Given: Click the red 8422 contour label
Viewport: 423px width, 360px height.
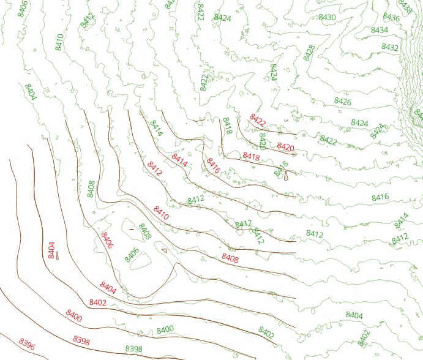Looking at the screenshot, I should (258, 119).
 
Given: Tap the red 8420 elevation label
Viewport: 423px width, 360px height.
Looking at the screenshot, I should (286, 147).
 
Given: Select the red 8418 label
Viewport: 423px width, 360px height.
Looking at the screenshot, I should (252, 157).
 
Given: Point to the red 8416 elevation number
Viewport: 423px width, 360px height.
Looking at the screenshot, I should (213, 166).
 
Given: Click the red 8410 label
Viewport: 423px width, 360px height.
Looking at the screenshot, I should (161, 213).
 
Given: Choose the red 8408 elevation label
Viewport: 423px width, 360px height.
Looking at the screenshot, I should (230, 258).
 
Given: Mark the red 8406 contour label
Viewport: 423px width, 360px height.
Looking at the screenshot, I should (107, 241).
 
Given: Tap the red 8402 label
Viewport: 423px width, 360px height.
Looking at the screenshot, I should (98, 302).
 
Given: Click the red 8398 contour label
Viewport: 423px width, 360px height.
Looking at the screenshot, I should (81, 340).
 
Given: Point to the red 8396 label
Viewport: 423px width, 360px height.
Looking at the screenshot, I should (27, 344).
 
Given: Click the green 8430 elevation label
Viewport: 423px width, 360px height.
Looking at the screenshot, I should (328, 17).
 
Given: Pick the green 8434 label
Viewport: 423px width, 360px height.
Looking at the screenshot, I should (380, 30).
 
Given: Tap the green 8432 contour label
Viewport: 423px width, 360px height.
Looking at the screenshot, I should (390, 47).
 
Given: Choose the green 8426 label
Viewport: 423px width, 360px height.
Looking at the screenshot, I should (343, 101).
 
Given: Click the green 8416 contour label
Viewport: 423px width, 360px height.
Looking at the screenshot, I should (380, 197).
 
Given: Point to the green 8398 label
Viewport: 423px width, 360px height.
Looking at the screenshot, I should (133, 349).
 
